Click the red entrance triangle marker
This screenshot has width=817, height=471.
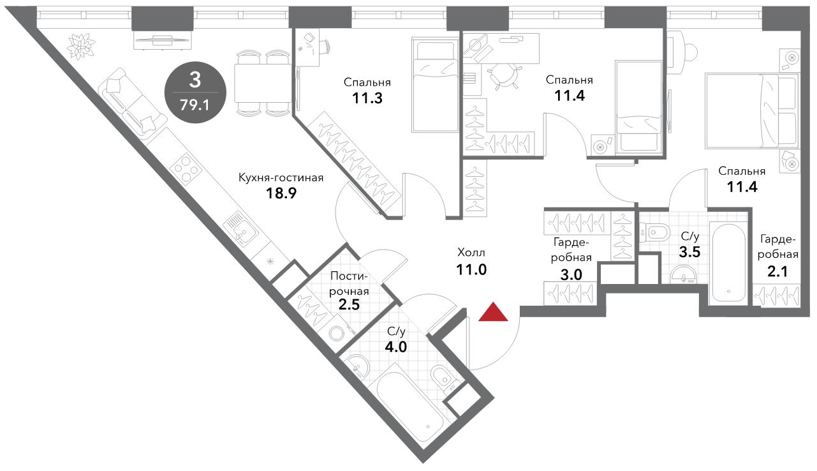[x=493, y=312]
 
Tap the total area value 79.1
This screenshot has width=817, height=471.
[x=195, y=105]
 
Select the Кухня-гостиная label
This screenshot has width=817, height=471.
[x=281, y=178]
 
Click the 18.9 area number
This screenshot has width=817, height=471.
[x=281, y=193]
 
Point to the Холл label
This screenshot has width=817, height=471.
[x=471, y=252]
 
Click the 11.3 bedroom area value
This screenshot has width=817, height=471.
[x=367, y=98]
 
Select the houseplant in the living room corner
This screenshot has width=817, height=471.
[x=80, y=47]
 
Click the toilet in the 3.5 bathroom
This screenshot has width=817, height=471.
[x=655, y=232]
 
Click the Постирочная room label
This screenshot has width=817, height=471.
[x=349, y=284]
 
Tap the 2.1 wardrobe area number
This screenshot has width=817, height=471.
[x=777, y=272]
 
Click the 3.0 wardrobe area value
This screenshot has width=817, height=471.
[x=571, y=274]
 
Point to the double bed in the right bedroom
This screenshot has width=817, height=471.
[x=752, y=111]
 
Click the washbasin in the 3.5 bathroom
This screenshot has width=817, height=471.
[x=683, y=274]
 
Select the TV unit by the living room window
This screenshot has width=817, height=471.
[x=163, y=40]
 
